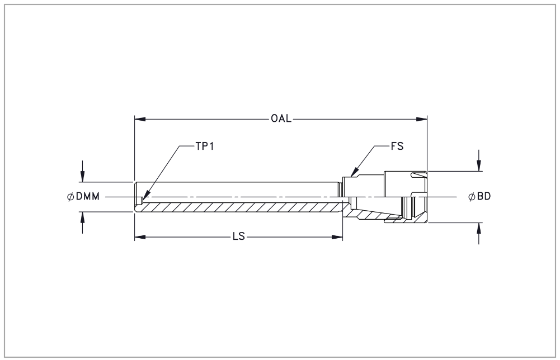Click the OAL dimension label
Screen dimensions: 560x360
coord(281,119)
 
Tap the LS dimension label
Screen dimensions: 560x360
coord(239,236)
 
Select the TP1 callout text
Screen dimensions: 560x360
coord(205,146)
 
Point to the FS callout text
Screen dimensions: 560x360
coord(397,146)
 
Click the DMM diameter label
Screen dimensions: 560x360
coord(88,196)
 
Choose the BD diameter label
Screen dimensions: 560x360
coord(484,196)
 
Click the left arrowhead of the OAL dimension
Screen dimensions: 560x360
coord(140,119)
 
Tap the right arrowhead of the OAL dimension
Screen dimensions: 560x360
coord(422,119)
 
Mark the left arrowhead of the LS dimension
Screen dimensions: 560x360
coord(140,237)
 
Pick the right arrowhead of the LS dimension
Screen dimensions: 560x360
coord(337,237)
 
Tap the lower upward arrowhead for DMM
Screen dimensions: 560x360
coord(82,217)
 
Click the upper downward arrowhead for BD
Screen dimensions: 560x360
coord(479,166)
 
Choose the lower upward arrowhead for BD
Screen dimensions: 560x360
coord(479,228)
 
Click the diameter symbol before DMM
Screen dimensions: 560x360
coord(70,196)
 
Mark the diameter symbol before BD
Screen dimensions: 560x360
coord(472,196)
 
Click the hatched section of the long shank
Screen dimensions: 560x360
coord(239,207)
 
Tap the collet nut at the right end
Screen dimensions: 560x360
coord(406,197)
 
